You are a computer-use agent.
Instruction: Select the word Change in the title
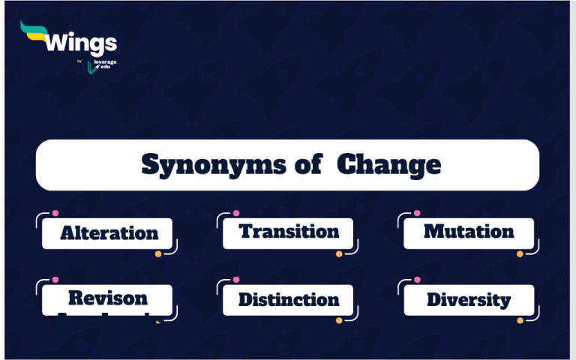[388, 164]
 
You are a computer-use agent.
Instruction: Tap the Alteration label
[109, 233]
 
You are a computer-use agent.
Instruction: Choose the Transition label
[289, 232]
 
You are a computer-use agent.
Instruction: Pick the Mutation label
[469, 232]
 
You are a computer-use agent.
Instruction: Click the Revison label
[108, 298]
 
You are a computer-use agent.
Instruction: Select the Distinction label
[289, 300]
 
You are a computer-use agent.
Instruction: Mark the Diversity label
[469, 300]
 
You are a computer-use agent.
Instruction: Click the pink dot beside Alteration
[55, 214]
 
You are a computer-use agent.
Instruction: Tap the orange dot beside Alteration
[158, 254]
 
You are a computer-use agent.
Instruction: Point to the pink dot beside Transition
[236, 214]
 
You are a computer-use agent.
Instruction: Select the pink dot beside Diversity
[417, 280]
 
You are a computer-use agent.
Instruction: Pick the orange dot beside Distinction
[339, 320]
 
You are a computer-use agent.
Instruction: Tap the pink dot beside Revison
[55, 280]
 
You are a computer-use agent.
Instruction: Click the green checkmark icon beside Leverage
[91, 67]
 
